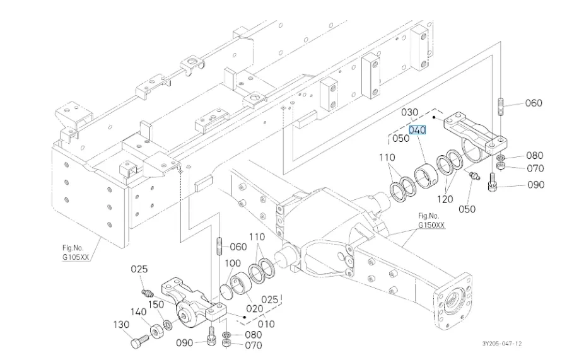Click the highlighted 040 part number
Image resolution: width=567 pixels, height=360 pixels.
(418, 130)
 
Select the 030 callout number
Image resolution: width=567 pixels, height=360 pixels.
(410, 112)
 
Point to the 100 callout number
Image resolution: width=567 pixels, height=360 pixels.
(233, 263)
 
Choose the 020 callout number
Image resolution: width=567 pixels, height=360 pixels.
(254, 309)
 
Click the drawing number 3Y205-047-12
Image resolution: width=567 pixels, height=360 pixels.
(502, 343)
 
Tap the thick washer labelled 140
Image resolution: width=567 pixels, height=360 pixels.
(154, 330)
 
